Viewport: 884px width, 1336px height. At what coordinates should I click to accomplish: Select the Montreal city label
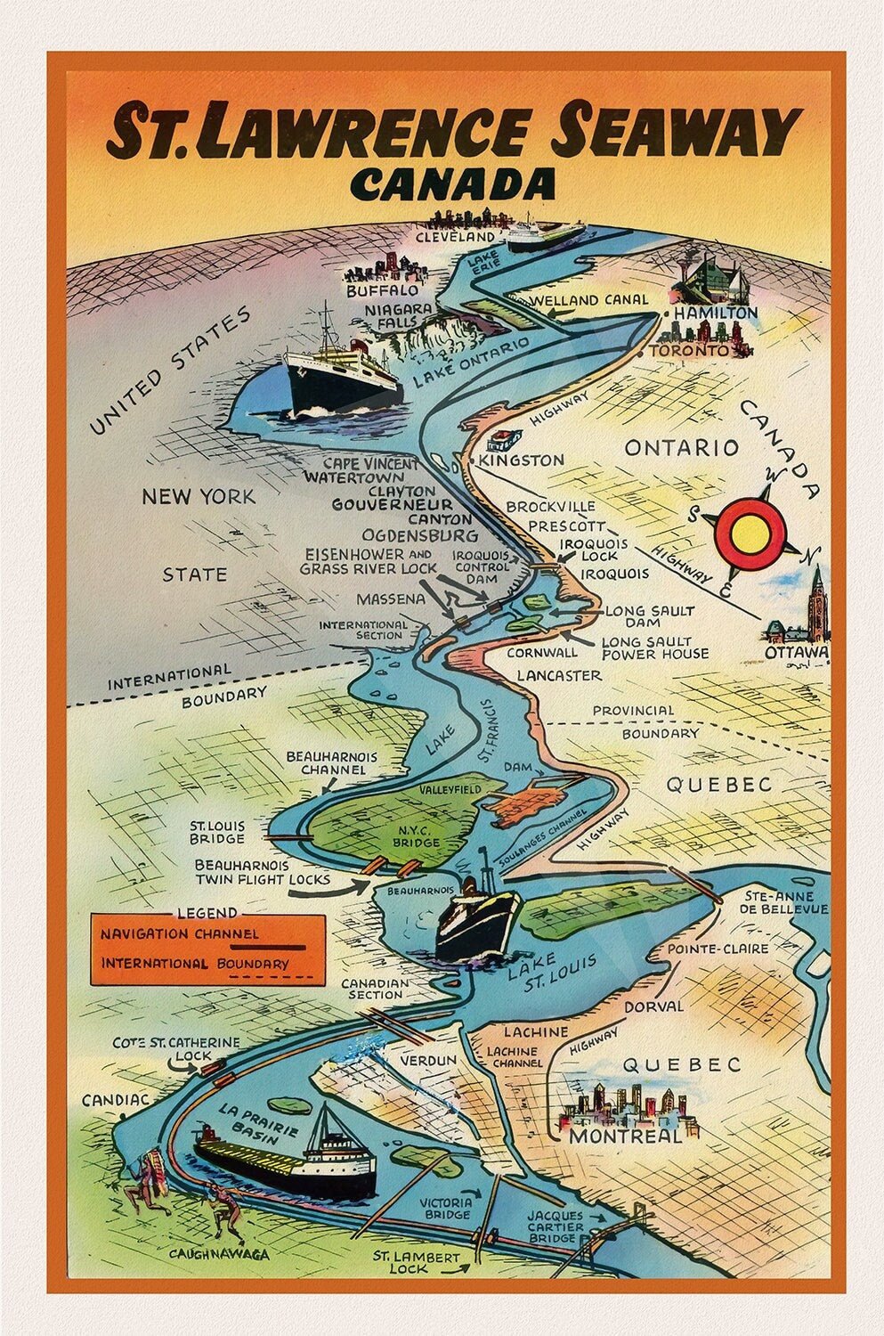(625, 1136)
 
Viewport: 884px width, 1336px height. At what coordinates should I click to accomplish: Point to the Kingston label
(522, 460)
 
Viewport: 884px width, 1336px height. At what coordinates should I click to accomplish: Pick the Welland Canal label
(590, 300)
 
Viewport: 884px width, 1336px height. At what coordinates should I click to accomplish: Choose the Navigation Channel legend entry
(180, 934)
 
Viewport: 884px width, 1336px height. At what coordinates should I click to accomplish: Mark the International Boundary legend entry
(194, 964)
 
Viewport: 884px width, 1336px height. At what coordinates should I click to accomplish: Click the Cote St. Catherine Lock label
(176, 1049)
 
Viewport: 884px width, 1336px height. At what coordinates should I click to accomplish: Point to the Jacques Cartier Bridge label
(555, 1227)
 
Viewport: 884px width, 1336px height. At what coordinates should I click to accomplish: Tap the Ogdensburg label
(420, 536)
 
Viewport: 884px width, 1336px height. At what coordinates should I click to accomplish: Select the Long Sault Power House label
(654, 648)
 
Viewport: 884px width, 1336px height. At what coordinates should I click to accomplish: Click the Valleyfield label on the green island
(450, 790)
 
